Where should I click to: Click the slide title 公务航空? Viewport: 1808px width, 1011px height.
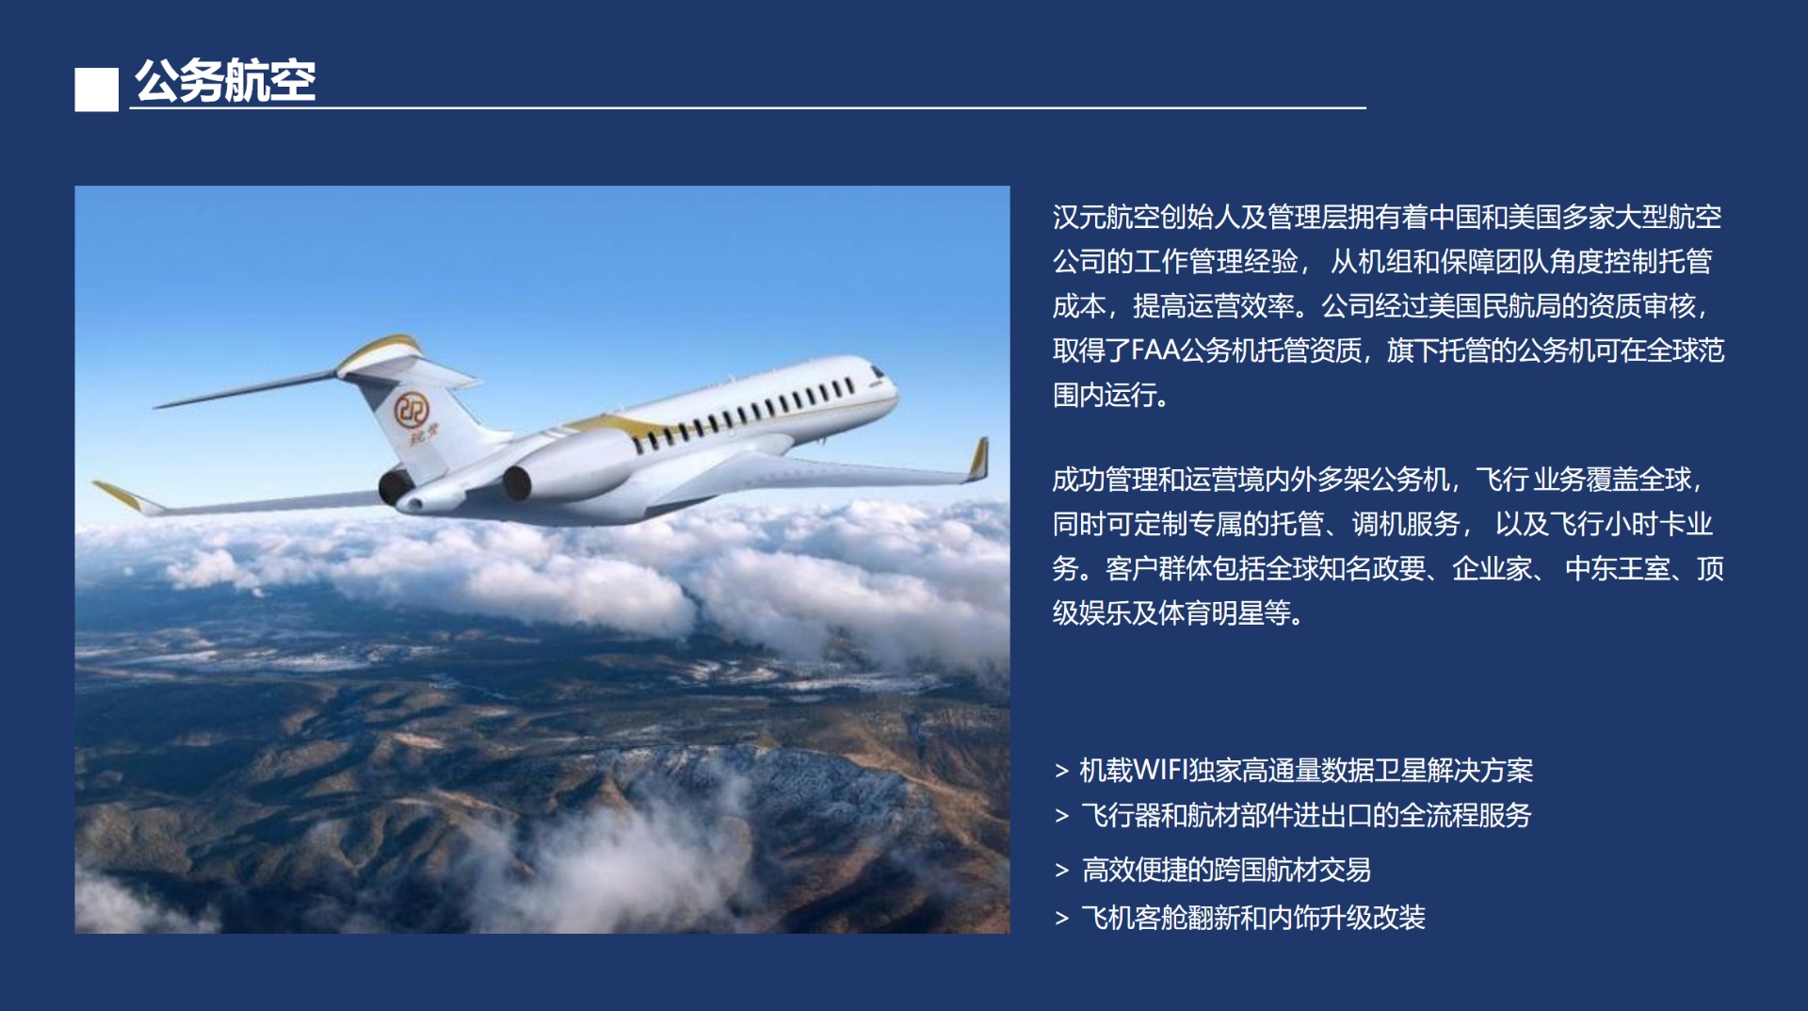click(x=225, y=80)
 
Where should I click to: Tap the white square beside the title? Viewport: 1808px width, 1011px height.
click(x=97, y=90)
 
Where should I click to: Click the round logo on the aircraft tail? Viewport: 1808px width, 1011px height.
click(x=412, y=410)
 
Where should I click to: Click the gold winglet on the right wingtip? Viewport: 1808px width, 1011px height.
click(x=979, y=459)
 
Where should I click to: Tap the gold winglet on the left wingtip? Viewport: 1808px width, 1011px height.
click(x=119, y=495)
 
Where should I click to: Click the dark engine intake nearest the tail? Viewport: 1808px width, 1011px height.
click(x=395, y=486)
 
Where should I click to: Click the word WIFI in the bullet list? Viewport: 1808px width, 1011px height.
click(x=1160, y=771)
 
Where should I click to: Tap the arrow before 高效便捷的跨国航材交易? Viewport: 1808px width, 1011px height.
click(x=1062, y=871)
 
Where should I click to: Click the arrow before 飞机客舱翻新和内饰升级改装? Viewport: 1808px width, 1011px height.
click(x=1062, y=919)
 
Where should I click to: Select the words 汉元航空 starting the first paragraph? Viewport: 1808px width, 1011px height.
click(x=1106, y=218)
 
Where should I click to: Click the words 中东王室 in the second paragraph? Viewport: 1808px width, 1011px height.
click(x=1618, y=569)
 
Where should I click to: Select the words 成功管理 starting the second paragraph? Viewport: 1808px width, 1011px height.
click(x=1106, y=481)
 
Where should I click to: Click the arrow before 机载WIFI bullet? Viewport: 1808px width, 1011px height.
click(x=1062, y=772)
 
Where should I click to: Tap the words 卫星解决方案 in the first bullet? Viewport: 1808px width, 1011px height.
click(x=1454, y=771)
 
